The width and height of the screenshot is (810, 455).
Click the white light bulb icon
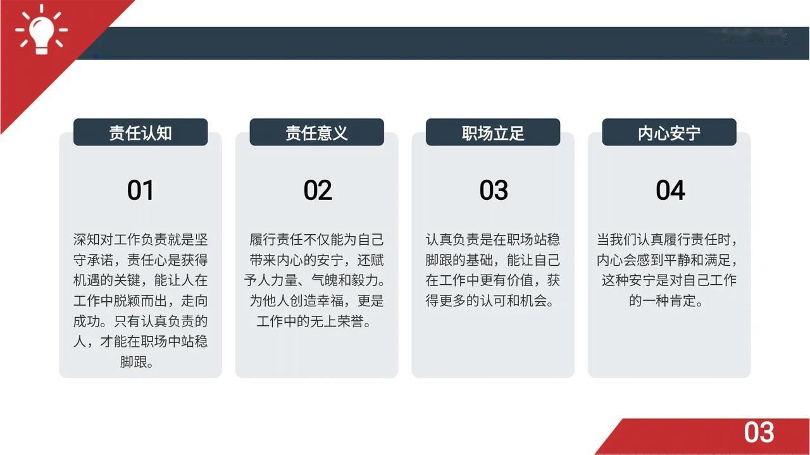(42, 30)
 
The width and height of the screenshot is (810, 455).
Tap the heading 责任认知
(140, 133)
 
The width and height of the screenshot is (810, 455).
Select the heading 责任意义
(317, 133)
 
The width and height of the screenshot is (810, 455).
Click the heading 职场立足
(493, 133)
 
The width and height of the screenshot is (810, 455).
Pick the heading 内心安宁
(670, 133)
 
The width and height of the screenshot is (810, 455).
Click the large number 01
(140, 190)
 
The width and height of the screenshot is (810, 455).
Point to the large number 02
(318, 190)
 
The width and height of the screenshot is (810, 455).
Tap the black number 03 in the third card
(494, 190)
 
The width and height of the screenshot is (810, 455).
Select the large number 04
(670, 190)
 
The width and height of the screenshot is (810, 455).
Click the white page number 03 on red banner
(759, 432)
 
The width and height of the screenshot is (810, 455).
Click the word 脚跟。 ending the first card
(137, 362)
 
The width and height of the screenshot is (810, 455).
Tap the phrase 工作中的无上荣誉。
(314, 321)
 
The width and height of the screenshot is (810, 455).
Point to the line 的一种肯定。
(666, 301)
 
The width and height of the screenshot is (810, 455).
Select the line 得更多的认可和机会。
(490, 301)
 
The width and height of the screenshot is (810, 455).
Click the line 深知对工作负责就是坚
(140, 239)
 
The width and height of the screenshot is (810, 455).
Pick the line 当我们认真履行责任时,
(667, 239)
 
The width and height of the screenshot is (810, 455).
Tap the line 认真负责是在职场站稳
(493, 239)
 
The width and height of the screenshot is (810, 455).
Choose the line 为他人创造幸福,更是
(317, 301)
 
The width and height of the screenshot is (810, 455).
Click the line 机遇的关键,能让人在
(140, 280)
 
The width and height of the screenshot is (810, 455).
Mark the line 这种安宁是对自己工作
(670, 280)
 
